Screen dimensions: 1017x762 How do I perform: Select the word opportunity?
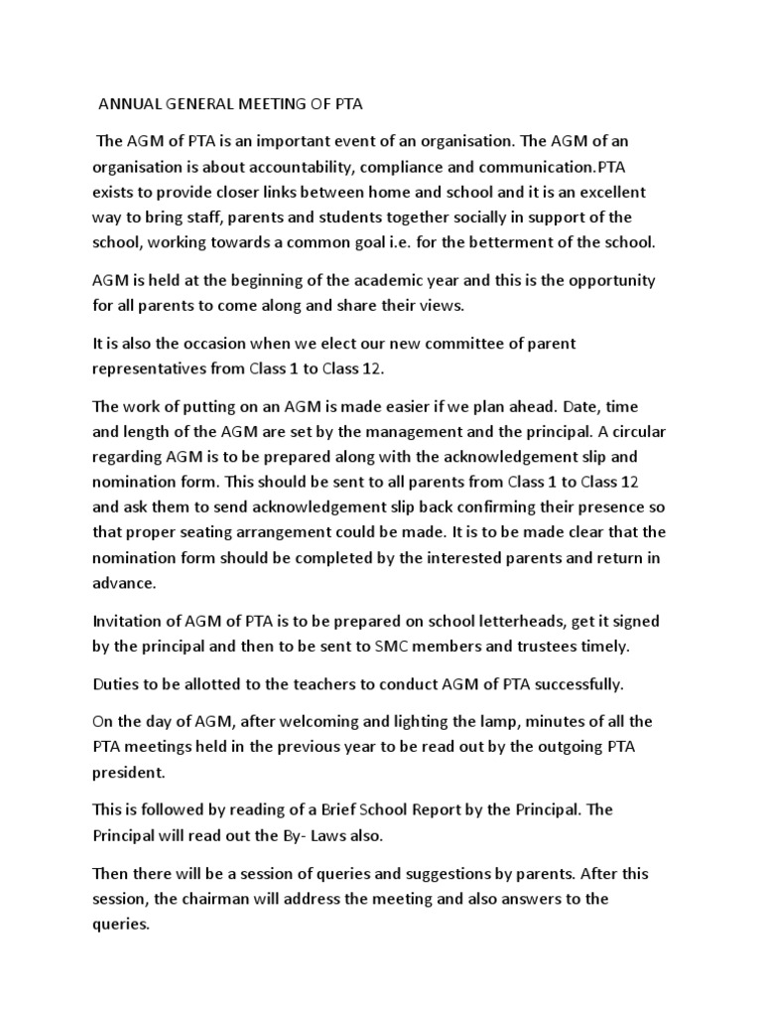point(624,280)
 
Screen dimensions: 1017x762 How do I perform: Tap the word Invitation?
point(133,622)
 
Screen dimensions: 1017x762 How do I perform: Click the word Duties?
point(116,685)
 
